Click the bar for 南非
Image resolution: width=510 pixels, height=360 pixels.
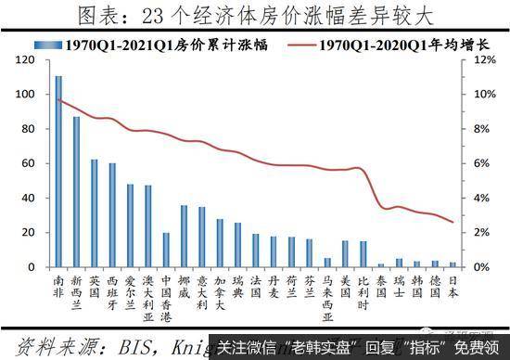point(59,172)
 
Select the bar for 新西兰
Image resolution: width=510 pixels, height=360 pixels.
point(77,192)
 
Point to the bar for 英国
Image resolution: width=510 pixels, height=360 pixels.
point(95,213)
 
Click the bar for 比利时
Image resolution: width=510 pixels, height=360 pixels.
point(364,254)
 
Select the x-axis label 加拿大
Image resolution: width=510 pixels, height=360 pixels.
point(220,293)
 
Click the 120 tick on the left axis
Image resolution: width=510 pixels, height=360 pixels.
point(29,60)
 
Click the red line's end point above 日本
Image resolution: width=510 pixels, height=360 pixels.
point(453,223)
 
